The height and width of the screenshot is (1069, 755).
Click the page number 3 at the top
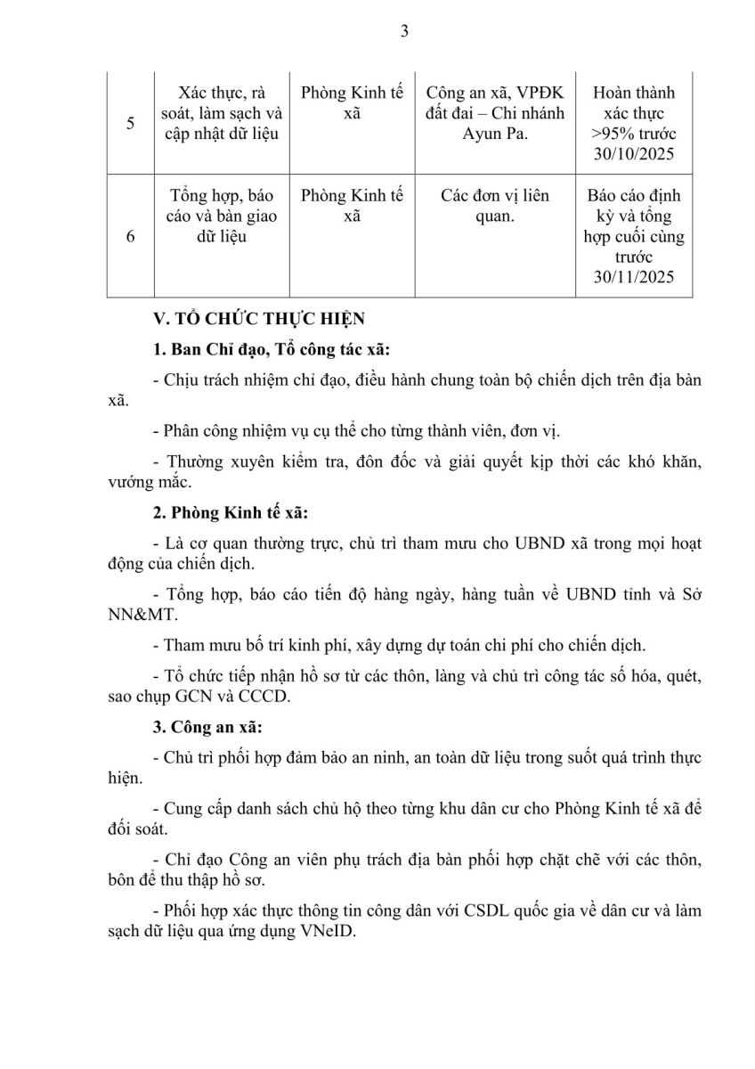pyautogui.click(x=404, y=31)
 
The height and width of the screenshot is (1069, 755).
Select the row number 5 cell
pyautogui.click(x=130, y=123)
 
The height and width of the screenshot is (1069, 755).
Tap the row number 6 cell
pyautogui.click(x=130, y=238)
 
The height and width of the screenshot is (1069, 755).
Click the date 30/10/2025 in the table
pyautogui.click(x=634, y=154)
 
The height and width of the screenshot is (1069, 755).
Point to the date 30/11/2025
pyautogui.click(x=634, y=278)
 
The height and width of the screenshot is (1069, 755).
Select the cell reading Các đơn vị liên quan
pyautogui.click(x=495, y=205)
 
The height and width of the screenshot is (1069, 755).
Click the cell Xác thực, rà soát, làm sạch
pyautogui.click(x=216, y=113)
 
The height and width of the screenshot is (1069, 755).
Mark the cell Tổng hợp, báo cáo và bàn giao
pyautogui.click(x=216, y=216)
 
